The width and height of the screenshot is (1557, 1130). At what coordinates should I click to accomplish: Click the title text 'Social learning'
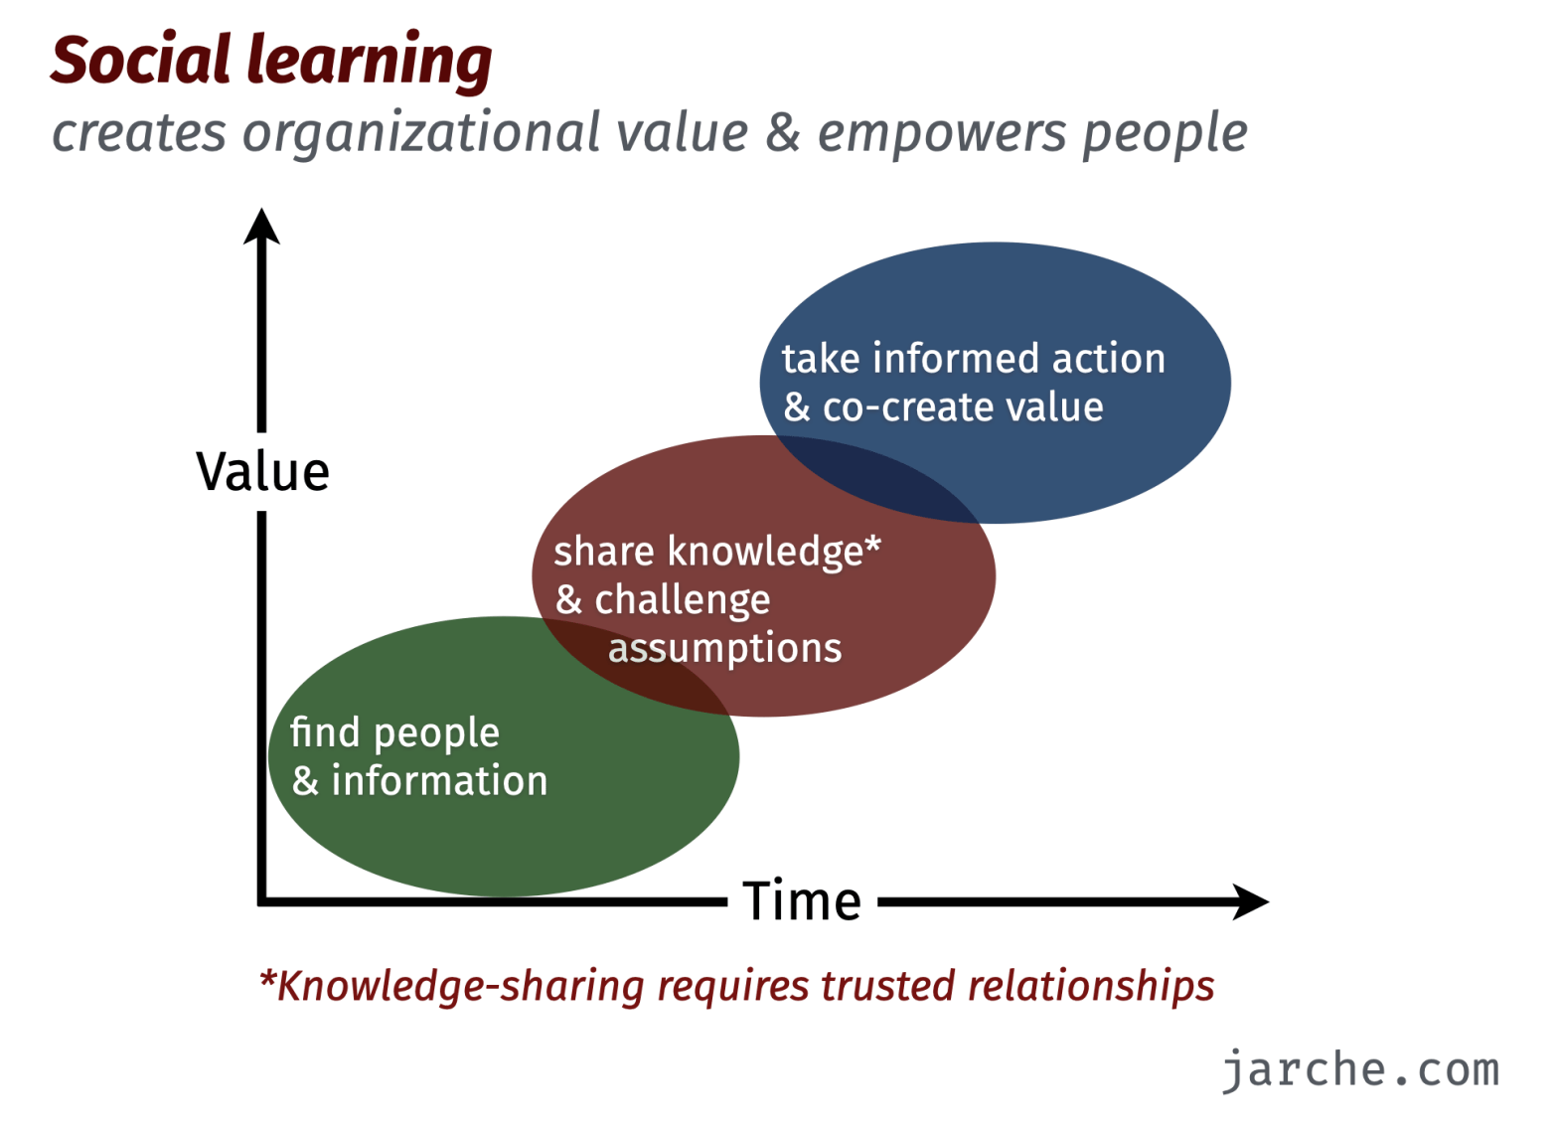click(271, 62)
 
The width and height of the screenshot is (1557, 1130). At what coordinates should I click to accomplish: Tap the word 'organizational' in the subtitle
click(420, 133)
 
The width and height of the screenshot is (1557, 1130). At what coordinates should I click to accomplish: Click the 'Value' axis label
click(262, 472)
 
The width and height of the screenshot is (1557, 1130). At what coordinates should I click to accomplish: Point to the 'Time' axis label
click(802, 901)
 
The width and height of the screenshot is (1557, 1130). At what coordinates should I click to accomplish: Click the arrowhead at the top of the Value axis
click(261, 226)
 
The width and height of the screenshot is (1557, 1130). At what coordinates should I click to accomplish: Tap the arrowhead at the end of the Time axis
click(1250, 902)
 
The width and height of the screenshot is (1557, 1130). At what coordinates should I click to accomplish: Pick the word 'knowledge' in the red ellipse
click(765, 553)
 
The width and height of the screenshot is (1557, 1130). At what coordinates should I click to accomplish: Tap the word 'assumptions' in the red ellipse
click(725, 650)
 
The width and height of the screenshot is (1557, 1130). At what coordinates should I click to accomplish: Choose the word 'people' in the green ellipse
click(436, 734)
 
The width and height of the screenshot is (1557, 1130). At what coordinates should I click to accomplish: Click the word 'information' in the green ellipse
click(439, 780)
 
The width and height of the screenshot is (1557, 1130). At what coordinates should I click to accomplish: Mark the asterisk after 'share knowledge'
click(872, 544)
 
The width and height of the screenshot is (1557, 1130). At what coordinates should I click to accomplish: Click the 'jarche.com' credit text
click(1360, 1071)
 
